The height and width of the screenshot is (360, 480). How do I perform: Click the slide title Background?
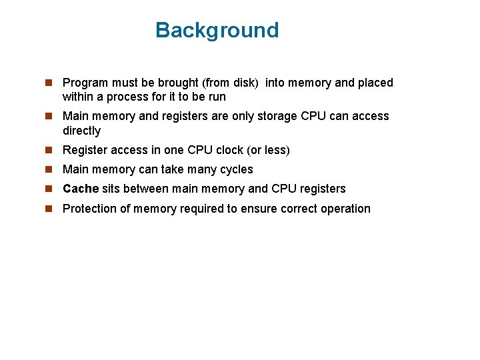pyautogui.click(x=217, y=31)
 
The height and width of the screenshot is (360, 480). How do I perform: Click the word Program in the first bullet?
pyautogui.click(x=85, y=83)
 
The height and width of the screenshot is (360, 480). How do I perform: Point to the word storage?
pyautogui.click(x=273, y=116)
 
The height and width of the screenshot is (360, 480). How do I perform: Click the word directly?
pyautogui.click(x=81, y=131)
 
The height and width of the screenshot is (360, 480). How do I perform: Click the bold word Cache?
pyautogui.click(x=80, y=189)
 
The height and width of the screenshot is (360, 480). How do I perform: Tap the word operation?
pyautogui.click(x=345, y=209)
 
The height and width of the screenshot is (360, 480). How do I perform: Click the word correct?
pyautogui.click(x=299, y=209)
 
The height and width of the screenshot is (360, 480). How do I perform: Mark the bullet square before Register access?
pyautogui.click(x=49, y=150)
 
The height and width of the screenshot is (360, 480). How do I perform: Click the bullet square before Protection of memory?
pyautogui.click(x=49, y=209)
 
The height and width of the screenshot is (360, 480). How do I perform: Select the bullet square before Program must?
pyautogui.click(x=49, y=83)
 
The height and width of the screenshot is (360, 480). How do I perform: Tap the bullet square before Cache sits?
pyautogui.click(x=49, y=189)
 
